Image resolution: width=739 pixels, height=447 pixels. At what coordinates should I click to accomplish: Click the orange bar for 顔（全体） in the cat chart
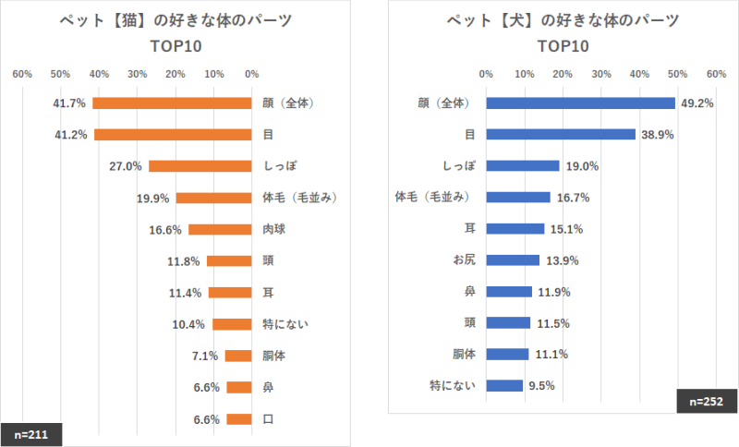point(172,103)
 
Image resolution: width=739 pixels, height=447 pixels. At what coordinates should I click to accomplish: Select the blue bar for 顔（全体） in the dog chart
point(580,103)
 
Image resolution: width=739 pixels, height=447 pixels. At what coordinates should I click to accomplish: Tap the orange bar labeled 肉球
point(220,229)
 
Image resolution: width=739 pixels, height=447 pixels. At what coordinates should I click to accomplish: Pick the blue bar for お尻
point(513,260)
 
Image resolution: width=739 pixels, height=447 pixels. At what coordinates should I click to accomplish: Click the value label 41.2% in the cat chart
point(71,135)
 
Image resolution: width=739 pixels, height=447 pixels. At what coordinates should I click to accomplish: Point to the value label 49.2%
point(697,103)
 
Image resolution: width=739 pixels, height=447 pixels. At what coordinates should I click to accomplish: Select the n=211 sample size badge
point(31,433)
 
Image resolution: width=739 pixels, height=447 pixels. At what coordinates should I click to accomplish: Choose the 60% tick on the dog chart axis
point(716,73)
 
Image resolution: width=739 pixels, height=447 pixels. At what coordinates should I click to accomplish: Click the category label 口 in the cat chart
point(268,418)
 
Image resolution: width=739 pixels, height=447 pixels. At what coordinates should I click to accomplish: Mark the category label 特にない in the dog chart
point(453,385)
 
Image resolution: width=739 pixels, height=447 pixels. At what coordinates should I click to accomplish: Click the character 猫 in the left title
point(124,19)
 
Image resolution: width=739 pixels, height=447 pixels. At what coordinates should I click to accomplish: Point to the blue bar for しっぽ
point(522,165)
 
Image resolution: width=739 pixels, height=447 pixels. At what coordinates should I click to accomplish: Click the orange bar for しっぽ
point(200,166)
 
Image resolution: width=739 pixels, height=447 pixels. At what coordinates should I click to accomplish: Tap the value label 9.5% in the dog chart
point(540,386)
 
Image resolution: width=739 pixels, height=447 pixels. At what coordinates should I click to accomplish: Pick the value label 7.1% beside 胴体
point(204,356)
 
